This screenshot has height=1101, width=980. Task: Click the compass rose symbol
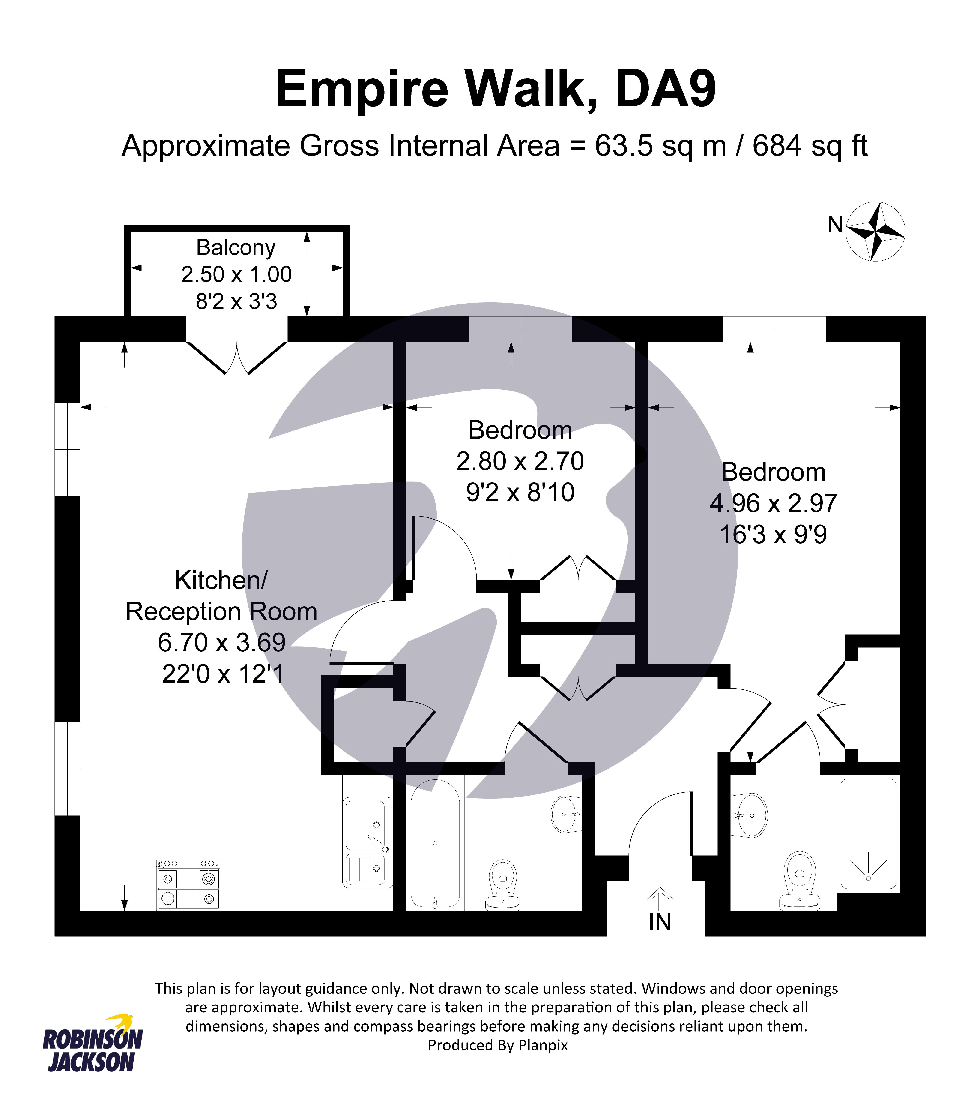tap(875, 232)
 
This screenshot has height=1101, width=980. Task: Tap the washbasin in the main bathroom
tap(565, 814)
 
